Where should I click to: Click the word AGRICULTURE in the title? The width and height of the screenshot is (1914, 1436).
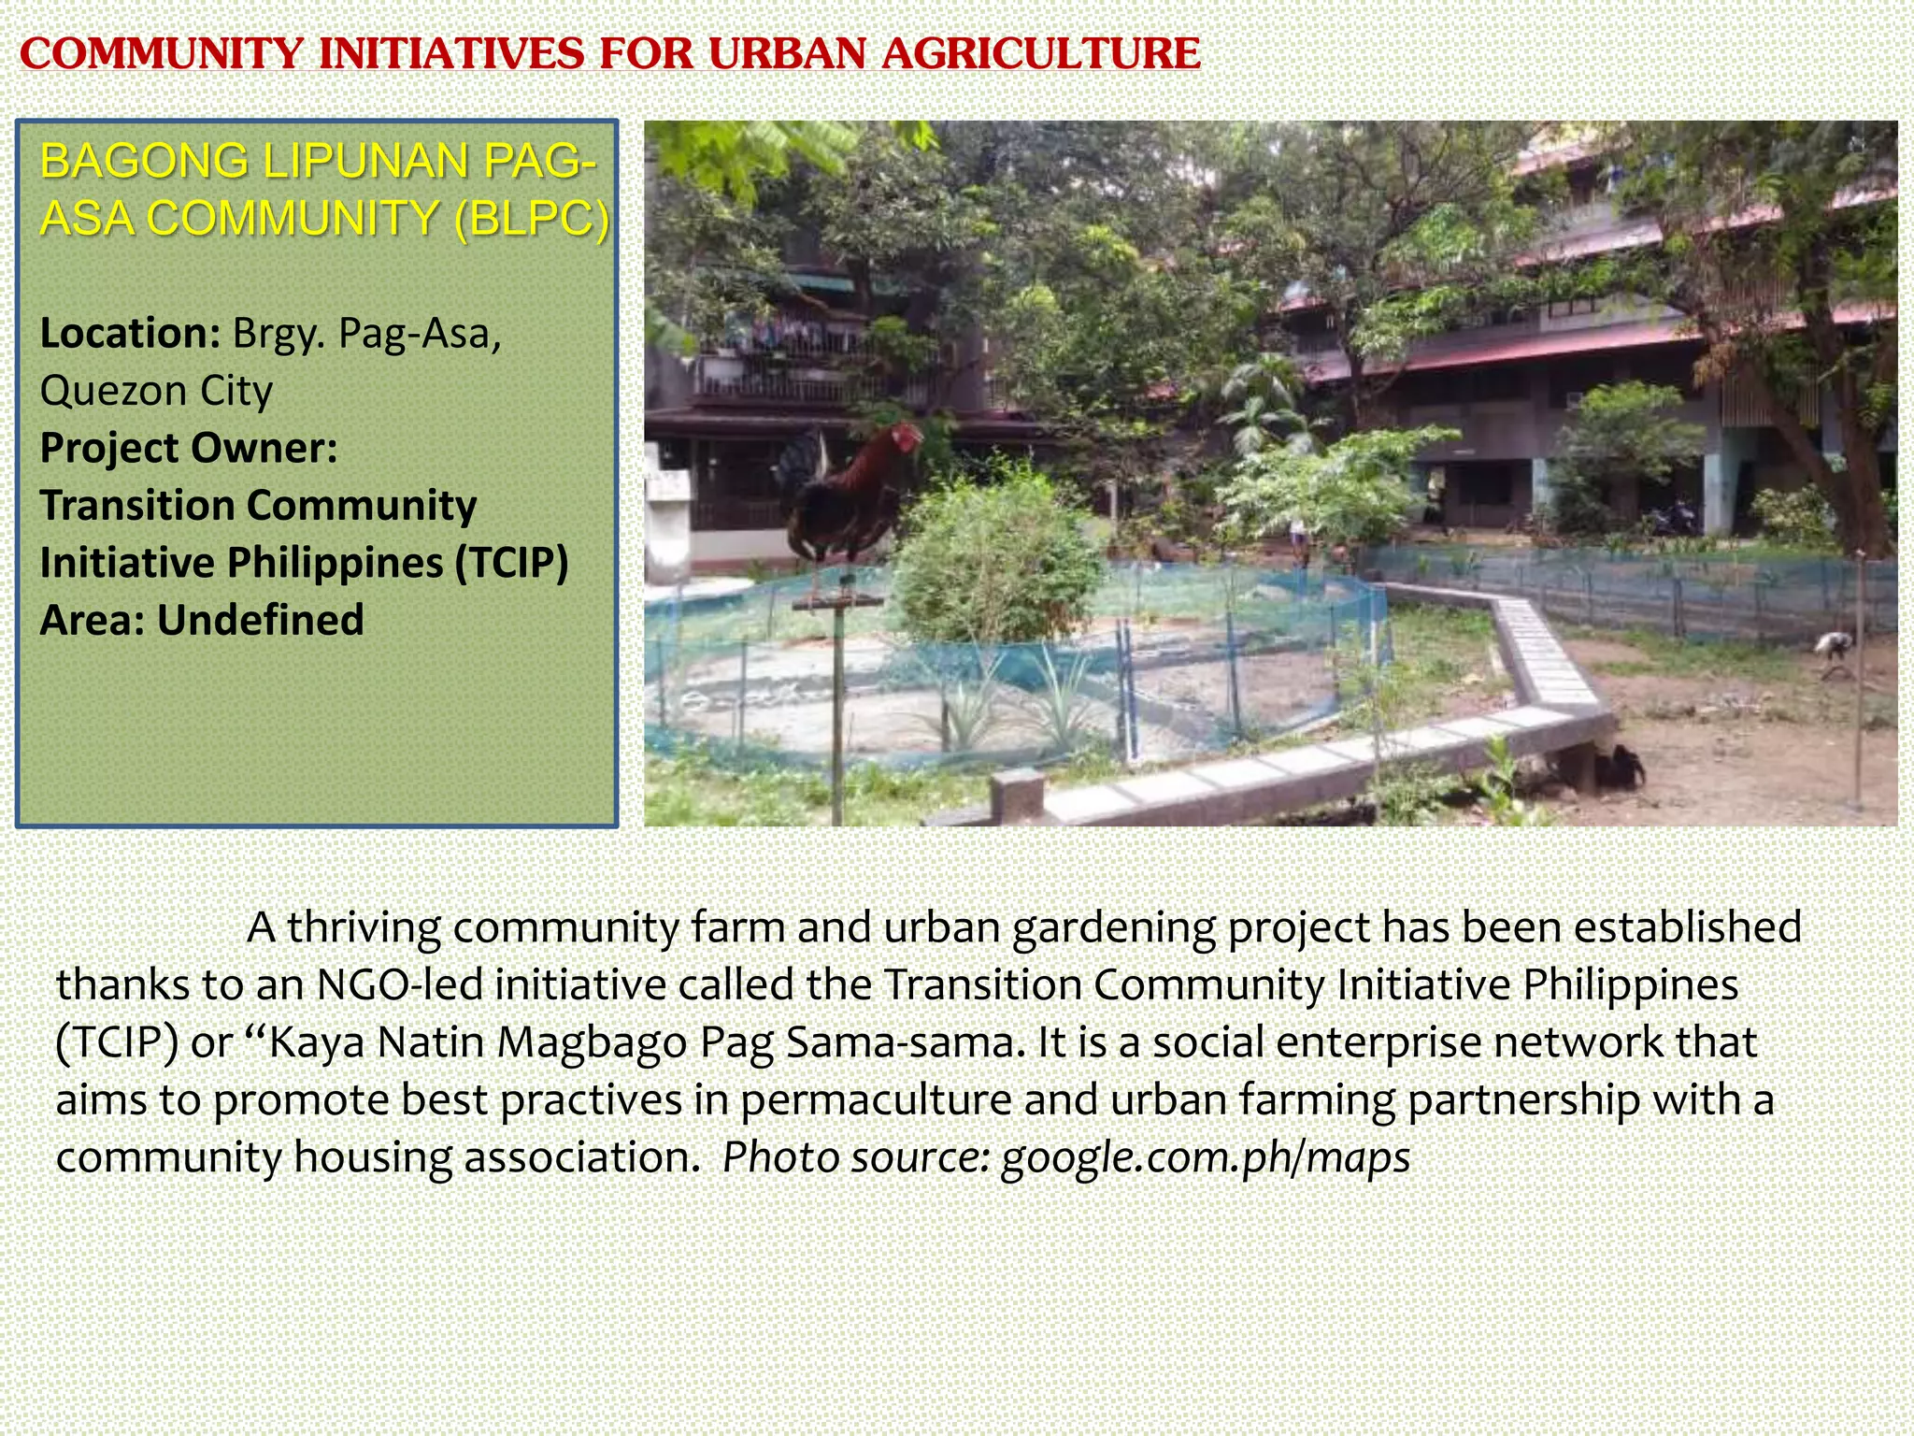1040,53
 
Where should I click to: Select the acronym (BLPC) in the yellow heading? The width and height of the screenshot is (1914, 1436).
531,219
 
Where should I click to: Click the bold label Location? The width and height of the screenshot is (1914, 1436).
130,334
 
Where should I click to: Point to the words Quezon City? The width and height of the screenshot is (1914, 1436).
156,391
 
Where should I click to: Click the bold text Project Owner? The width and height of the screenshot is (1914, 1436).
188,448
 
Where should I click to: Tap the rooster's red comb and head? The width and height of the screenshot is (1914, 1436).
905,437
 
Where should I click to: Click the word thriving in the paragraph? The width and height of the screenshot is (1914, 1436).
364,927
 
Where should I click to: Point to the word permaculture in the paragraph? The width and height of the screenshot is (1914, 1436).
876,1100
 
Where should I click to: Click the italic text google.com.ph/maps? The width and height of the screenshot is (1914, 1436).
1206,1157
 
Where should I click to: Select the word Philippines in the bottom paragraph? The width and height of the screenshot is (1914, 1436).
1630,984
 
